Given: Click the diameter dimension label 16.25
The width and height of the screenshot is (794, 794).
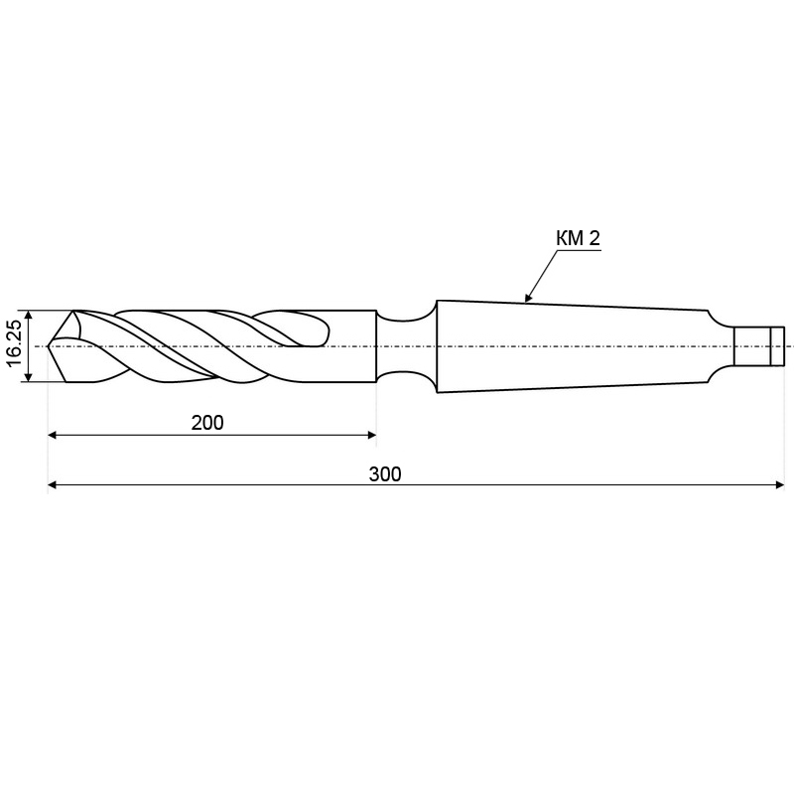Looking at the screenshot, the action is coord(15,343).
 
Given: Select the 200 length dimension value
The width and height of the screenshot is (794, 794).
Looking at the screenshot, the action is coord(207,423).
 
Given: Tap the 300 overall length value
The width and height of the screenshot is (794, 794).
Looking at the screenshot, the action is coord(385,474).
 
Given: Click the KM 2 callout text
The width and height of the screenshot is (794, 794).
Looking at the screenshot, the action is coord(578,238).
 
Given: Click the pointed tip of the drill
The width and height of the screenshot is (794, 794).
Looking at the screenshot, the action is coord(48,346).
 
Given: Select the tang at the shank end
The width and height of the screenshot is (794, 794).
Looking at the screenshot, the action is coord(758,346).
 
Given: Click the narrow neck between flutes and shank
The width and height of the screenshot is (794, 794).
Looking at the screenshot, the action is coord(406,346).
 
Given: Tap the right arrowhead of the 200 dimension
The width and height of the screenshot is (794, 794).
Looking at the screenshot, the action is coord(371,435).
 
